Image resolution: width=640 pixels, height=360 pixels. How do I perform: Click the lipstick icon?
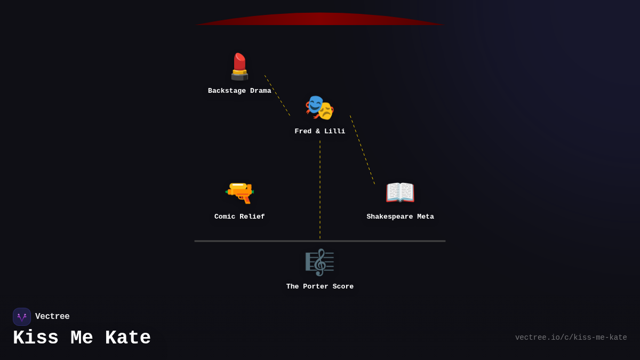tap(239, 67)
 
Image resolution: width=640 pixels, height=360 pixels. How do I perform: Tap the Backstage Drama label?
tap(239, 91)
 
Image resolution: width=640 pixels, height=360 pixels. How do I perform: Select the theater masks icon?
tap(319, 107)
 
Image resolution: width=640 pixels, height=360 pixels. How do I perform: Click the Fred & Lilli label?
tap(319, 132)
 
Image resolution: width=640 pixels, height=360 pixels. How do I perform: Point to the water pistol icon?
tap(239, 192)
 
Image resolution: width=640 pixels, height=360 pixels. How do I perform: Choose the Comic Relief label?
tap(239, 217)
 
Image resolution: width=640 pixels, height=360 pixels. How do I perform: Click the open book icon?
tap(400, 192)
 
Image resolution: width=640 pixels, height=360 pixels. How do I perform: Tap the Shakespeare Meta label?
tap(400, 217)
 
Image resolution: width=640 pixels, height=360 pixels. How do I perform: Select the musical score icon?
tap(319, 262)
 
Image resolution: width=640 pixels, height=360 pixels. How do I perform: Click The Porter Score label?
tap(319, 287)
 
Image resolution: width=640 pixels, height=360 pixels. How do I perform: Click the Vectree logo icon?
tap(22, 317)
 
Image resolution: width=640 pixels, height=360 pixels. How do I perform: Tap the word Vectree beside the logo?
tap(52, 317)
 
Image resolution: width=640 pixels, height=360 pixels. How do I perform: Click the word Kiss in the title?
tap(36, 338)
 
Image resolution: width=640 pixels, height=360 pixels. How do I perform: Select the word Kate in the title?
tap(128, 338)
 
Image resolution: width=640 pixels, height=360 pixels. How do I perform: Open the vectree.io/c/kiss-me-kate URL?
tap(571, 338)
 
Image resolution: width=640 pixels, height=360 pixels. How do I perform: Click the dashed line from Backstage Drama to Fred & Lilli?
tap(277, 95)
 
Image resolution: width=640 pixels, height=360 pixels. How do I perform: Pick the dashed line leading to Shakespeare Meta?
tap(363, 150)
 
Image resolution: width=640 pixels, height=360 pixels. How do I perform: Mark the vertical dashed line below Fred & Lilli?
tap(320, 189)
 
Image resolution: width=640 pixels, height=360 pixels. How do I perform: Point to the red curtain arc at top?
tap(320, 19)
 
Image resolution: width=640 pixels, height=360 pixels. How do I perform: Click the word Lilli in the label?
tap(334, 132)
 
